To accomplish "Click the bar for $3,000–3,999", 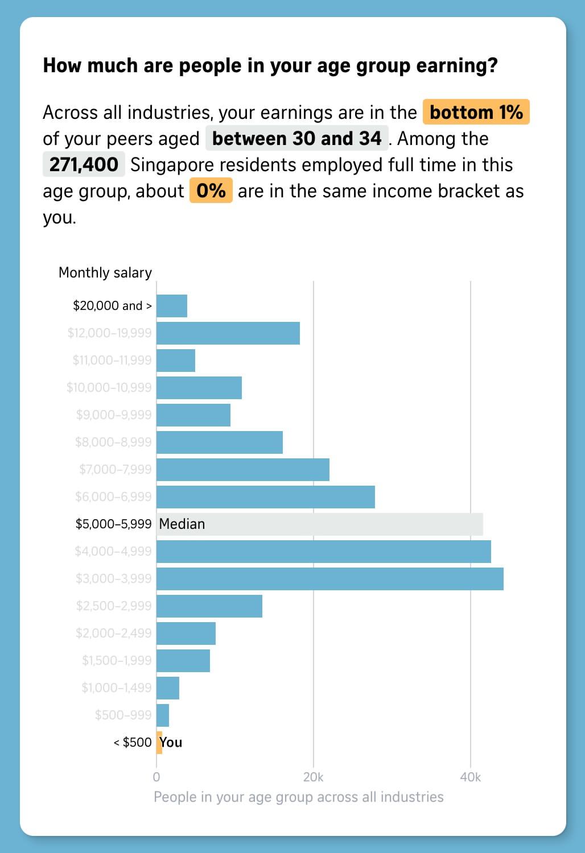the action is pyautogui.click(x=329, y=579).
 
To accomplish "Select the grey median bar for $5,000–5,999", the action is pyautogui.click(x=320, y=524).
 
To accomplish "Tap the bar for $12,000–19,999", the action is pyautogui.click(x=228, y=333).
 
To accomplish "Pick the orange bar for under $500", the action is pyautogui.click(x=159, y=743).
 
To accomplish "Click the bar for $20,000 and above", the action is pyautogui.click(x=172, y=306).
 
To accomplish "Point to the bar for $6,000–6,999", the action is pyautogui.click(x=266, y=497).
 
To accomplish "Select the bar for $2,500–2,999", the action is pyautogui.click(x=209, y=606).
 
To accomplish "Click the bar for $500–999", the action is pyautogui.click(x=163, y=715).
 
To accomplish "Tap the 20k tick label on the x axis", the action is pyautogui.click(x=313, y=777).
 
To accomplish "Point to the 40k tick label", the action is pyautogui.click(x=470, y=777).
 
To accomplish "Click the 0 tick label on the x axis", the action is pyautogui.click(x=156, y=777).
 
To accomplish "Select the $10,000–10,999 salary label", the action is pyautogui.click(x=109, y=388).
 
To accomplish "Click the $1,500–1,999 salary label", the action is pyautogui.click(x=117, y=660).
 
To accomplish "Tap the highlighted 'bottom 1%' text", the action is pyautogui.click(x=476, y=112).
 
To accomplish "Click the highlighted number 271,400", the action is pyautogui.click(x=84, y=164).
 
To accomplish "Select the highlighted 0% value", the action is pyautogui.click(x=211, y=191).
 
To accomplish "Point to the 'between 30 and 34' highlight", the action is pyautogui.click(x=297, y=138).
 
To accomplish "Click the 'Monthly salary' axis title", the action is pyautogui.click(x=105, y=272).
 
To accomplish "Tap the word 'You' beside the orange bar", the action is pyautogui.click(x=171, y=743).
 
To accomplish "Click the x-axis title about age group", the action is pyautogui.click(x=299, y=797).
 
